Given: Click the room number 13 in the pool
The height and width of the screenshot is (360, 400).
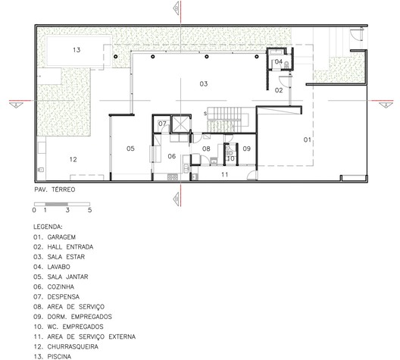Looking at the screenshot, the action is coord(77,50).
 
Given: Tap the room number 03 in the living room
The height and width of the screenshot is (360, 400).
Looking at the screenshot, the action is coord(204,83).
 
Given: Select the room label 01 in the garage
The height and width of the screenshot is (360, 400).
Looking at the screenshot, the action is coord(308,139).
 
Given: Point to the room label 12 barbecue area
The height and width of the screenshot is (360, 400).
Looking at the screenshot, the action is coord(73,159).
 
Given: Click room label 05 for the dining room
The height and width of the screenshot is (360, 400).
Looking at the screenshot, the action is coord(130,149).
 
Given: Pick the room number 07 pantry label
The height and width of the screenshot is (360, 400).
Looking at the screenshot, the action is coord(162,124).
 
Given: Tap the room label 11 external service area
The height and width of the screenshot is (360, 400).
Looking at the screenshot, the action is coord(224,174).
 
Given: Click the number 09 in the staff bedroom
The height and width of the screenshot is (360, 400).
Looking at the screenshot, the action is coord(246,149).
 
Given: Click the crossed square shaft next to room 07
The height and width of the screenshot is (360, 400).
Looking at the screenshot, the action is coord(180,124).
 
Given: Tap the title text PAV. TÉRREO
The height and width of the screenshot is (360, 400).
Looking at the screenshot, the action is coord(55,189).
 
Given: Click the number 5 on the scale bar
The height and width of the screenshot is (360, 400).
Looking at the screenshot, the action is coord(89,210).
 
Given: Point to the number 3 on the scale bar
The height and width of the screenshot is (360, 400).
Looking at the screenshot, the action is coord(67,210).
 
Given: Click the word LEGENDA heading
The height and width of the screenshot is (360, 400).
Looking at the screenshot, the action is coord(48,227).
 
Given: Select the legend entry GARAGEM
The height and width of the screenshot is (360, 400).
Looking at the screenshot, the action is coord(61,237).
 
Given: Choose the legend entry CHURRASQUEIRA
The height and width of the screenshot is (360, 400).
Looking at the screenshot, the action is coord(73,346).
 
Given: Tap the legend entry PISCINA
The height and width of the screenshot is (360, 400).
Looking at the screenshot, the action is coord(59,357).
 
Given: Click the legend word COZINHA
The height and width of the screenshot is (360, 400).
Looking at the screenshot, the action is coord(61,286).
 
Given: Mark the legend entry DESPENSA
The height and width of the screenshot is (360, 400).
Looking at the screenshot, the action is coord(64,297).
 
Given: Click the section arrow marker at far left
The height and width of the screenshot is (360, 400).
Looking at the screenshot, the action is coord(16,105).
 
